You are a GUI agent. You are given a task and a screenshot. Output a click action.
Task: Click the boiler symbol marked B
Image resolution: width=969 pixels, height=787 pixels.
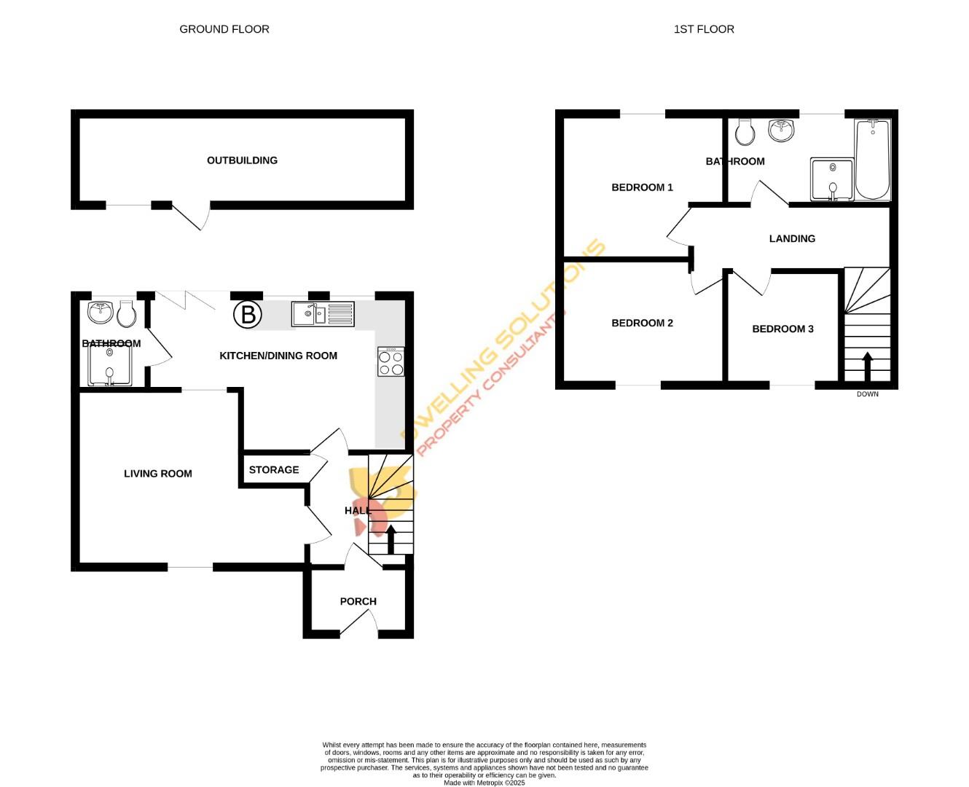click(248, 315)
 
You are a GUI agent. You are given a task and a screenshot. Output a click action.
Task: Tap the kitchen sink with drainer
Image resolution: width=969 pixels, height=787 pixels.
click(323, 314)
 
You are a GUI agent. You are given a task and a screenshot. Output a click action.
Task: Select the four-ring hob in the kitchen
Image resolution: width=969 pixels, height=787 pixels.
click(391, 362)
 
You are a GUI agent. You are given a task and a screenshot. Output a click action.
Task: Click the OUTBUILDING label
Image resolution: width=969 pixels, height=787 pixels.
click(242, 160)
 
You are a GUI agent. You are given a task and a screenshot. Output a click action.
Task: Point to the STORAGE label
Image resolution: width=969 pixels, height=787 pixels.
click(274, 470)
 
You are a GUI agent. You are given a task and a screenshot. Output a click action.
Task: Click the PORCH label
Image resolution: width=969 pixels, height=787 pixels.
click(358, 601)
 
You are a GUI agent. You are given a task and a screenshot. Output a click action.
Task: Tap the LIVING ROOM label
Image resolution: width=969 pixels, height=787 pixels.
click(158, 474)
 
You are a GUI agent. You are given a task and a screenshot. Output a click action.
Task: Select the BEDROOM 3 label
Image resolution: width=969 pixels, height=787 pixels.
click(782, 329)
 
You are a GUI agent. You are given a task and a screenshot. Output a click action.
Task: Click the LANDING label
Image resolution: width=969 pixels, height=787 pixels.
click(792, 238)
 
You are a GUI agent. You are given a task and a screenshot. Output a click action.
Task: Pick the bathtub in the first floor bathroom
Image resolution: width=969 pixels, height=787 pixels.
click(872, 160)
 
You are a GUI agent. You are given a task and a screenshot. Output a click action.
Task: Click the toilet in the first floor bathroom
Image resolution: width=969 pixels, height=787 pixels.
click(745, 132)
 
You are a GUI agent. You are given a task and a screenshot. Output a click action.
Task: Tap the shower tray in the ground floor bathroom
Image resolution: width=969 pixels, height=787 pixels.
click(110, 364)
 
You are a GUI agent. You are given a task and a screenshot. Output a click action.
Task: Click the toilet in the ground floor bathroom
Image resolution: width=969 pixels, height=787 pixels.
click(127, 315)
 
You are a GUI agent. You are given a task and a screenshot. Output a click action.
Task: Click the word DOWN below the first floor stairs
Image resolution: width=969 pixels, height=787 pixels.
click(867, 394)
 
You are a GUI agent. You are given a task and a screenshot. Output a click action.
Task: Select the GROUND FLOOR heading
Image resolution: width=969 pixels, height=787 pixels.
click(224, 29)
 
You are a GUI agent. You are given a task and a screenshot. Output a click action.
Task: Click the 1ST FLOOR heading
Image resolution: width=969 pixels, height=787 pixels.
click(704, 29)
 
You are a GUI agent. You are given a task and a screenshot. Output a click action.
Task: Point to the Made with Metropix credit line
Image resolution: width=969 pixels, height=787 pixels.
click(484, 783)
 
